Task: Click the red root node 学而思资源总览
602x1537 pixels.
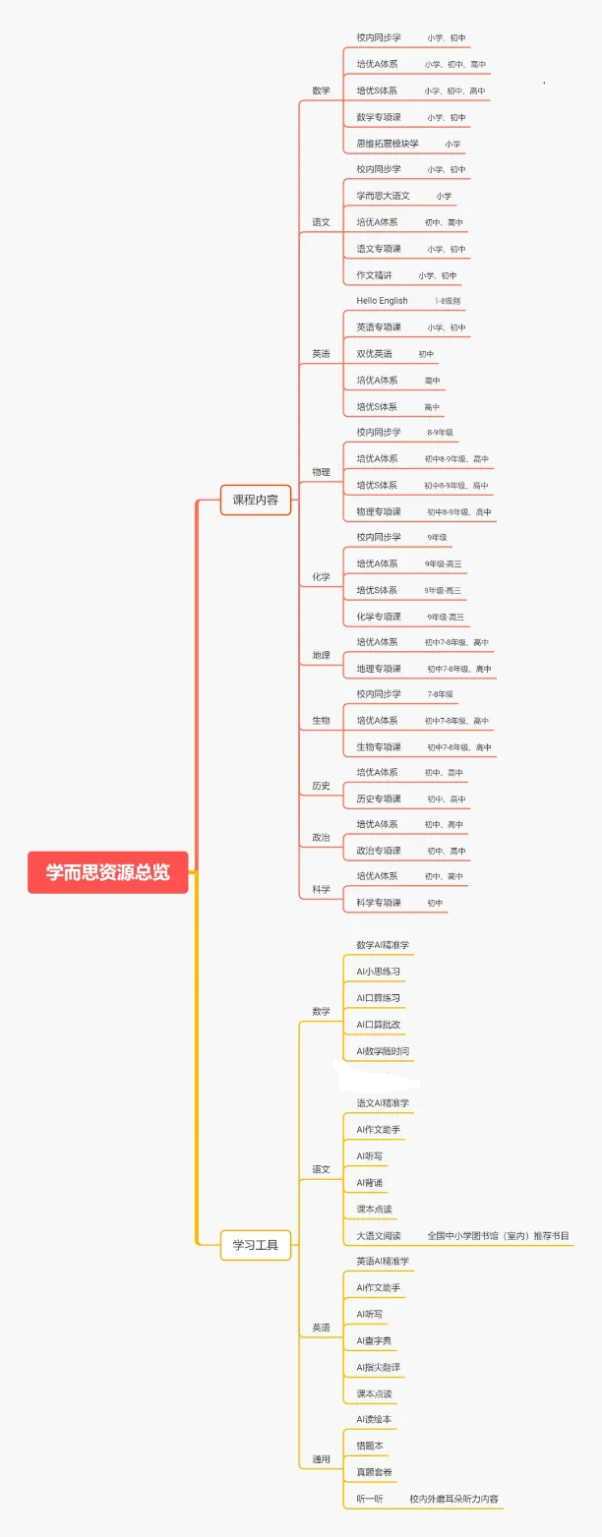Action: point(107,872)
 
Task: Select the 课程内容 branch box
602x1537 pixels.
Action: point(255,500)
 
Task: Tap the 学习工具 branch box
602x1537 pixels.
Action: point(255,1245)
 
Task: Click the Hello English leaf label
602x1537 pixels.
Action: point(382,301)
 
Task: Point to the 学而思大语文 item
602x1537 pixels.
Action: point(383,196)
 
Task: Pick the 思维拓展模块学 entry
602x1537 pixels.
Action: point(387,144)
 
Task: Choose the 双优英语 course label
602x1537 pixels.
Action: point(374,354)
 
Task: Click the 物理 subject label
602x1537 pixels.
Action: point(322,472)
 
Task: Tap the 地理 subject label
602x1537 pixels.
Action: point(322,655)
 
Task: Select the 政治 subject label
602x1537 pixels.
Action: point(322,838)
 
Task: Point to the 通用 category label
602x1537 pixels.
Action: point(322,1459)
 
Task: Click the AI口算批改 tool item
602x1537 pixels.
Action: point(378,1025)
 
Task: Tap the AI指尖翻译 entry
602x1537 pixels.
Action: point(378,1367)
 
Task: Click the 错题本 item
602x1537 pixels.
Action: point(370,1446)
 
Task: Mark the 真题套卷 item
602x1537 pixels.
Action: point(374,1472)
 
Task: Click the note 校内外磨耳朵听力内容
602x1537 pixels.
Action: point(454,1499)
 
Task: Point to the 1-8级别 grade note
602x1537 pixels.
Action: point(448,301)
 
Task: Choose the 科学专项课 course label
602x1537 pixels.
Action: point(379,903)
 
